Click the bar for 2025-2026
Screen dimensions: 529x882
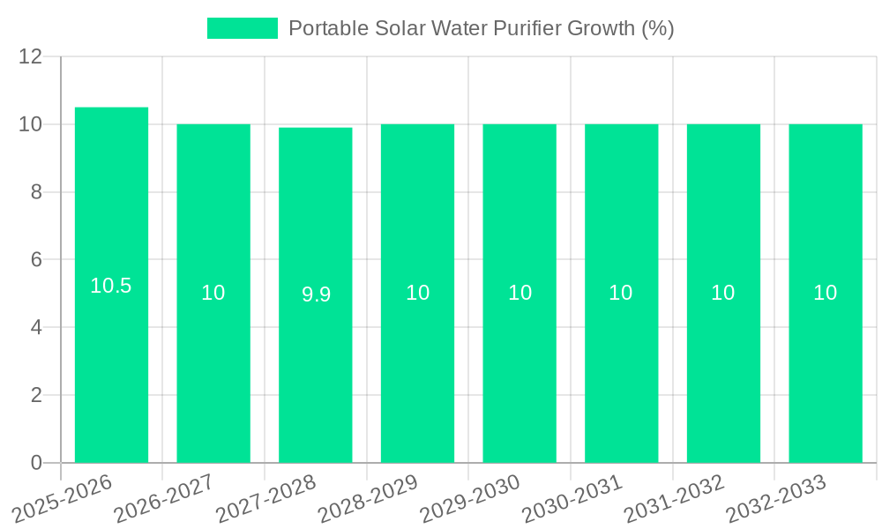click(x=111, y=353)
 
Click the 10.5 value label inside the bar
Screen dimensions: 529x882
click(x=111, y=286)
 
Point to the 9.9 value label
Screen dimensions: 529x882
click(x=316, y=294)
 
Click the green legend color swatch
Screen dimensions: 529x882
click(x=243, y=28)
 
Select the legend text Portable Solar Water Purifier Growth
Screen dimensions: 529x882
click(x=481, y=28)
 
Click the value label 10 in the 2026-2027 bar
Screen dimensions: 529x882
click(x=213, y=293)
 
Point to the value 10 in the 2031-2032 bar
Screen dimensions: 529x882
click(x=723, y=293)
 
